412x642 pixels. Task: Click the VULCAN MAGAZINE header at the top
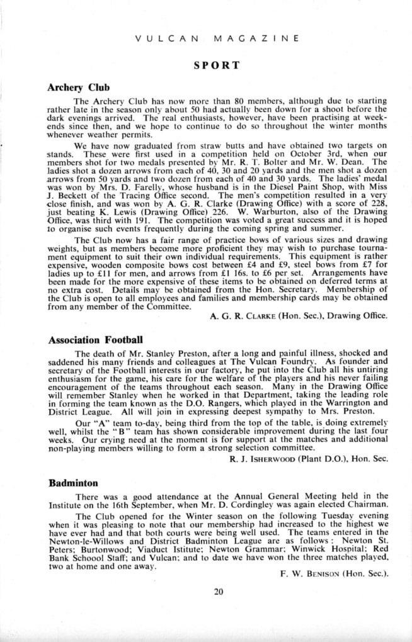(x=216, y=38)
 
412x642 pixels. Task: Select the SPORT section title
(x=217, y=65)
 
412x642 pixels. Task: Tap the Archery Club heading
(x=79, y=87)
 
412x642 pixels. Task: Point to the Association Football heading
(x=96, y=340)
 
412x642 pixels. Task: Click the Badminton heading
(x=73, y=483)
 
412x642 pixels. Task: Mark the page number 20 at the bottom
(x=219, y=591)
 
